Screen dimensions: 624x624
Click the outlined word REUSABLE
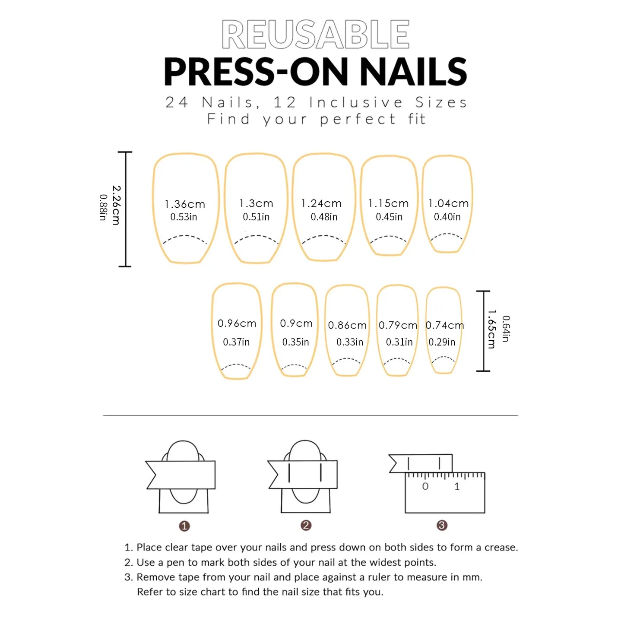point(315,35)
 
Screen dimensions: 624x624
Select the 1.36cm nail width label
point(185,204)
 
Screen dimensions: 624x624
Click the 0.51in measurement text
point(256,217)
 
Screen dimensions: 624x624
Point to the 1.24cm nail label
point(321,203)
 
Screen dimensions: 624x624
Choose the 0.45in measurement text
point(389,217)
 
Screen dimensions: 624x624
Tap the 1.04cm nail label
point(448,203)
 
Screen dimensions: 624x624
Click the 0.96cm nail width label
point(237,323)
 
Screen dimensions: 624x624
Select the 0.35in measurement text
point(296,342)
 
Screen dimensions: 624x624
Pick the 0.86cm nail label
point(347,325)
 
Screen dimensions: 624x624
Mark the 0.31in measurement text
point(399,342)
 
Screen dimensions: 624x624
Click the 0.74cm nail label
point(445,325)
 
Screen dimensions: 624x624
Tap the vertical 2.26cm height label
point(116,205)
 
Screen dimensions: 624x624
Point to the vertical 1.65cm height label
point(491,329)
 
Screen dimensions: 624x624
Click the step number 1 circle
point(184,526)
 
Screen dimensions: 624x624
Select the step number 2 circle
point(306,525)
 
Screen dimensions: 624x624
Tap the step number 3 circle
point(442,525)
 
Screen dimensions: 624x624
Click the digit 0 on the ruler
point(425,487)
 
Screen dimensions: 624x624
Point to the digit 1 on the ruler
point(457,487)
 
